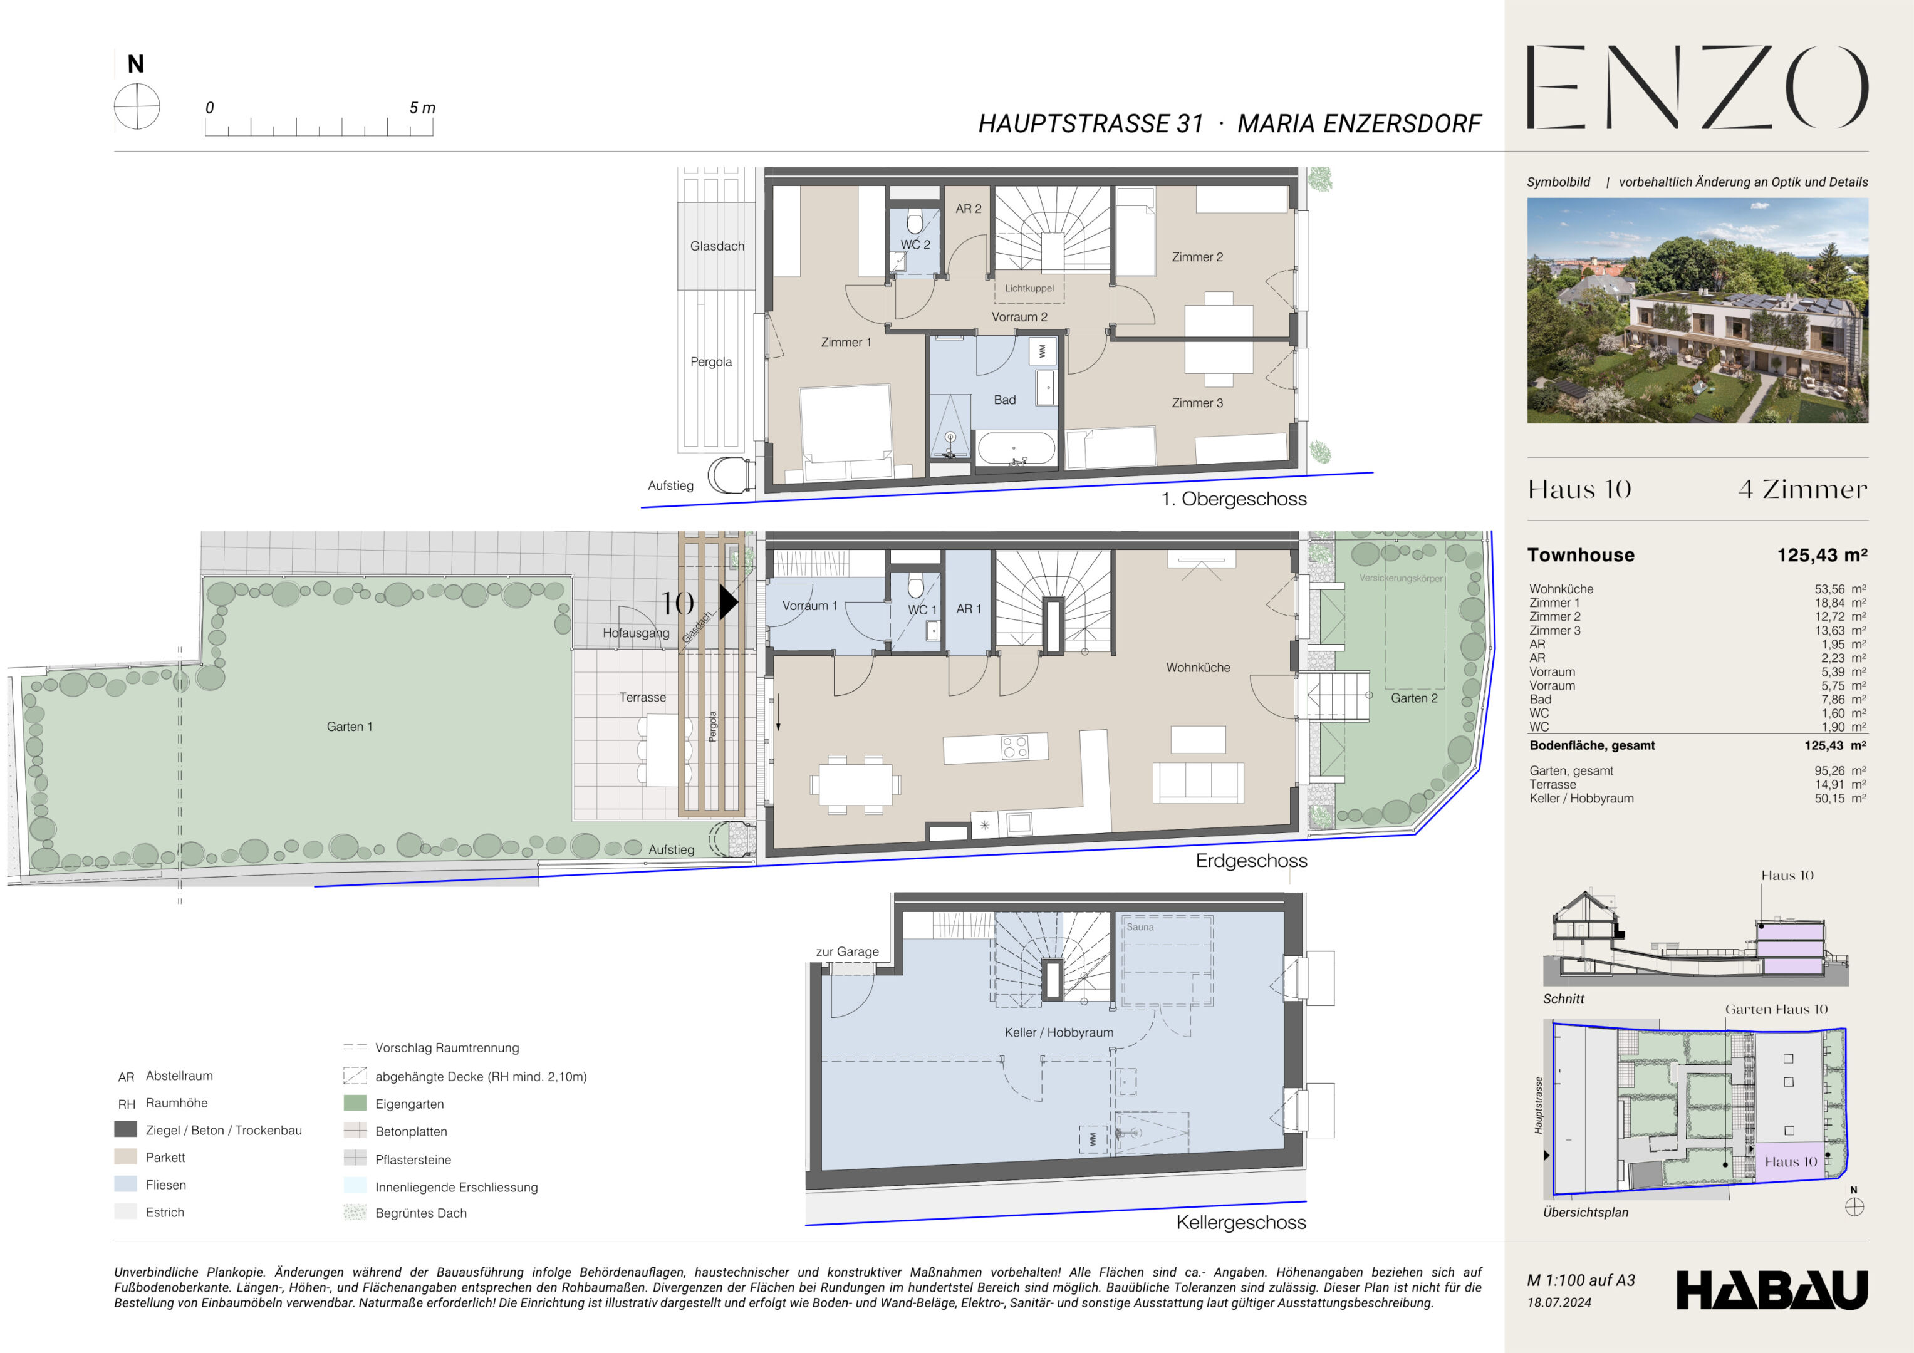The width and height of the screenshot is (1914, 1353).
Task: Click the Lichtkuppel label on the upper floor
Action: point(1029,288)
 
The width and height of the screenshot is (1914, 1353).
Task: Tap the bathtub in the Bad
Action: point(1016,448)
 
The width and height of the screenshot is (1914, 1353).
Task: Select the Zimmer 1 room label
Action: point(846,343)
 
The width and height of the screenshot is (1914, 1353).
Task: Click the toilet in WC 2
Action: point(915,222)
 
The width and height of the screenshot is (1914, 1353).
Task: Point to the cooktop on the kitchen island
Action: point(1014,746)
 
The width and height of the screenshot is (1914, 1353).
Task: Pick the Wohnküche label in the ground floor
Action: point(1198,668)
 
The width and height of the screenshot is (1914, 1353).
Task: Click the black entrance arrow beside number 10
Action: point(729,602)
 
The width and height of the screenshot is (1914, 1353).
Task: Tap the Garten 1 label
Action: point(350,727)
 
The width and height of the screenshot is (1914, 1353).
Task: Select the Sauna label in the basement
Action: point(1140,927)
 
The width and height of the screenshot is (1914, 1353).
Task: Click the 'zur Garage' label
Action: point(847,952)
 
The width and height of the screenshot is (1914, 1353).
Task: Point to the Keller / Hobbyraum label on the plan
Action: point(1059,1033)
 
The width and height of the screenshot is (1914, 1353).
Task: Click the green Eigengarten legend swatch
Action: point(355,1103)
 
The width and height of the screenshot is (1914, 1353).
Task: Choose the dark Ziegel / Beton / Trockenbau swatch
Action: point(126,1129)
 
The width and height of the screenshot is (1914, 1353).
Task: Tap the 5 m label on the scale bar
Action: point(422,108)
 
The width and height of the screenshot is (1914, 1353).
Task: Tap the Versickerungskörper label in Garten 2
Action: point(1400,579)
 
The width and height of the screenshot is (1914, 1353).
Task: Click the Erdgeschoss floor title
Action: point(1251,861)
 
